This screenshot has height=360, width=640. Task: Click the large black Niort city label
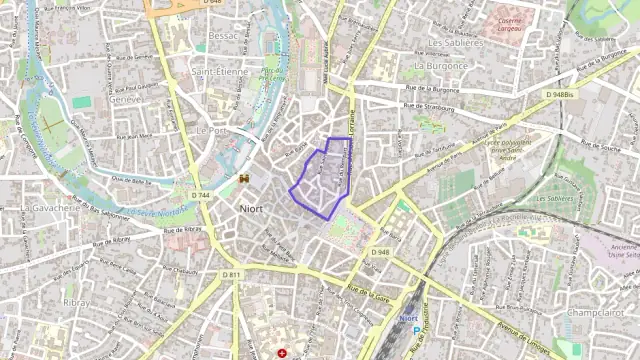pyautogui.click(x=252, y=209)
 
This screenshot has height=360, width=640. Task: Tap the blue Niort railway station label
pyautogui.click(x=408, y=317)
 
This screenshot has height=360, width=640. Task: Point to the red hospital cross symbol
pyautogui.click(x=283, y=353)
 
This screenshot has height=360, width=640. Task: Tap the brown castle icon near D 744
pyautogui.click(x=243, y=178)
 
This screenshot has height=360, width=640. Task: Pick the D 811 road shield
pyautogui.click(x=232, y=275)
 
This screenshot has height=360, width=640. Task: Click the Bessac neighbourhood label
pyautogui.click(x=224, y=35)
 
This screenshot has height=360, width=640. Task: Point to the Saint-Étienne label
pyautogui.click(x=220, y=71)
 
